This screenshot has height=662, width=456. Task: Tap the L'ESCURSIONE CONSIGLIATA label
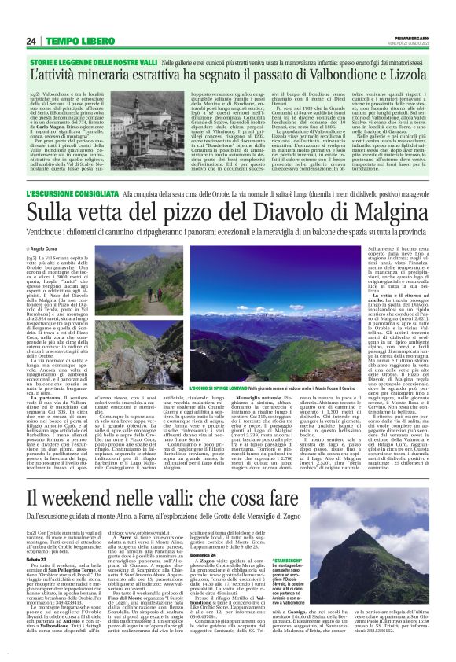click(89, 193)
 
